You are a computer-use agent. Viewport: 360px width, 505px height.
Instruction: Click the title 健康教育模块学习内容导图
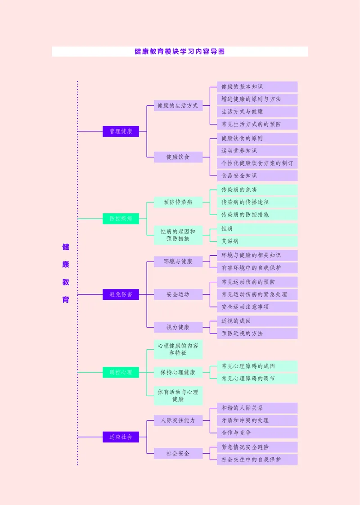click(x=180, y=52)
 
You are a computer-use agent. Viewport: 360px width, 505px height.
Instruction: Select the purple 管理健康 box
click(x=121, y=131)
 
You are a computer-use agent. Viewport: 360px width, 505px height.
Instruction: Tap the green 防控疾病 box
click(x=121, y=219)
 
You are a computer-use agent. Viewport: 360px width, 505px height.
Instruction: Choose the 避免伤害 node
click(x=121, y=294)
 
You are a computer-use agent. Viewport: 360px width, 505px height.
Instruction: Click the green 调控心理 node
click(x=121, y=372)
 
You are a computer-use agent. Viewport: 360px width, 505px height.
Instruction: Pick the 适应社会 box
click(x=121, y=437)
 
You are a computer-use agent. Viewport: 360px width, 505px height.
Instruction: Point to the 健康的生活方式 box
click(x=178, y=106)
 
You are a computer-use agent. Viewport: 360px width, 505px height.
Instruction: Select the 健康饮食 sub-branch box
click(x=178, y=157)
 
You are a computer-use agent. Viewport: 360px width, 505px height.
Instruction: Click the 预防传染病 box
click(x=178, y=202)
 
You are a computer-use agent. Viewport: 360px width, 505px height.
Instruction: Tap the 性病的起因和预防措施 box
click(x=178, y=235)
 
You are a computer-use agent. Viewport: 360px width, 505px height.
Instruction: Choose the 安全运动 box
click(x=178, y=294)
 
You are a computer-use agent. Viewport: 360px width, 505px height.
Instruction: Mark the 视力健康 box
click(x=178, y=327)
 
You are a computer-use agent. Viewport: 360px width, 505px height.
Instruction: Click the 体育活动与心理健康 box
click(x=178, y=396)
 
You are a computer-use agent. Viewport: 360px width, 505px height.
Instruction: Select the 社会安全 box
click(x=178, y=453)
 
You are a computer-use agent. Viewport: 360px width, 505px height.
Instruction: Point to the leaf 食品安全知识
click(x=257, y=176)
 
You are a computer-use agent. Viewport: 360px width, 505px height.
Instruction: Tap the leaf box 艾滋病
click(x=257, y=241)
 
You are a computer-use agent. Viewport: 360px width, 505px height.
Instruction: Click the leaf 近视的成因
click(x=257, y=321)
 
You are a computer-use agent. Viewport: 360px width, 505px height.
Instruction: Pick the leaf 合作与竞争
click(x=257, y=433)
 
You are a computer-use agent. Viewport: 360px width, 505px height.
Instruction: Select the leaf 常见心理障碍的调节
click(x=257, y=379)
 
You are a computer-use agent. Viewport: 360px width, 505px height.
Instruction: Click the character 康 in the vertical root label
click(x=66, y=265)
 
